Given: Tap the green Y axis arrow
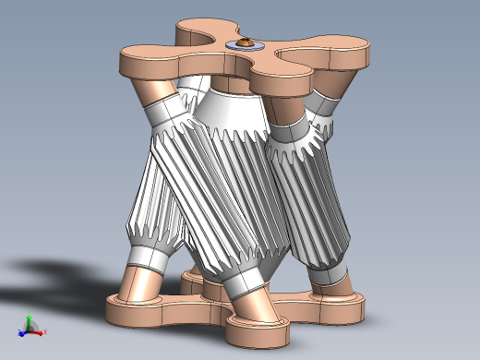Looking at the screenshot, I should (29, 319).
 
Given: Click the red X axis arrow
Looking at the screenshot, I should (41, 330).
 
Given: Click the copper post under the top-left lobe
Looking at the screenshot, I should (150, 92).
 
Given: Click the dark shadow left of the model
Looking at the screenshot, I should (55, 277).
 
